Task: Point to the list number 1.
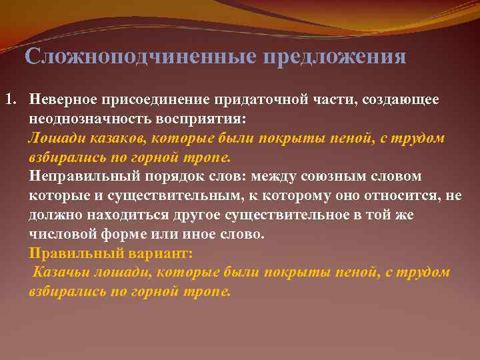pos(10,99)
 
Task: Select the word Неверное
pos(62,99)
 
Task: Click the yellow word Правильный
pos(71,254)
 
